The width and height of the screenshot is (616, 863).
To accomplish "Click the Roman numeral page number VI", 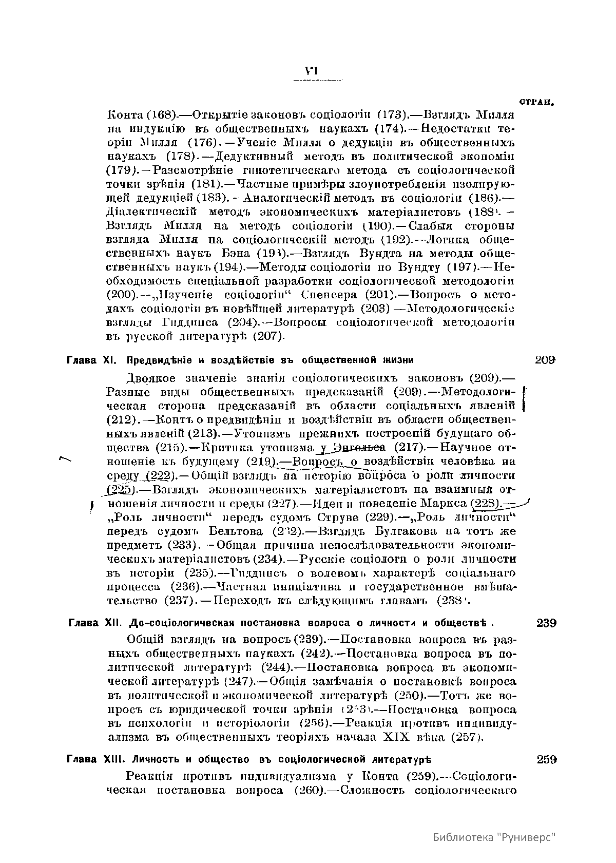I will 311,71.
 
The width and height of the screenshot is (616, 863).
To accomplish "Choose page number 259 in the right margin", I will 547,759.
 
